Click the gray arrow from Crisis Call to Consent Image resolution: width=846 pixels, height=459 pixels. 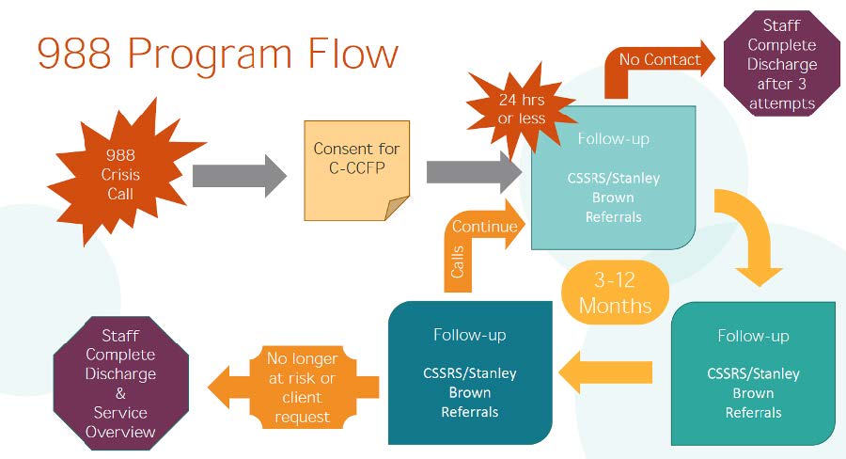tap(240, 176)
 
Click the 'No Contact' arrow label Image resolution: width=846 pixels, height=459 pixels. tap(659, 60)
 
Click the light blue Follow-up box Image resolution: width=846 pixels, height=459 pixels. tap(613, 178)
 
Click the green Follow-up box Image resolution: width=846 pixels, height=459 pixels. tap(753, 373)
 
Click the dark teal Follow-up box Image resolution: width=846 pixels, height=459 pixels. tap(469, 372)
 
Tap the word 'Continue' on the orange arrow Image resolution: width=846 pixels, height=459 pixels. tap(485, 227)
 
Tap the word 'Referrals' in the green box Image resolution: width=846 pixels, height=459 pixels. tap(753, 412)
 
